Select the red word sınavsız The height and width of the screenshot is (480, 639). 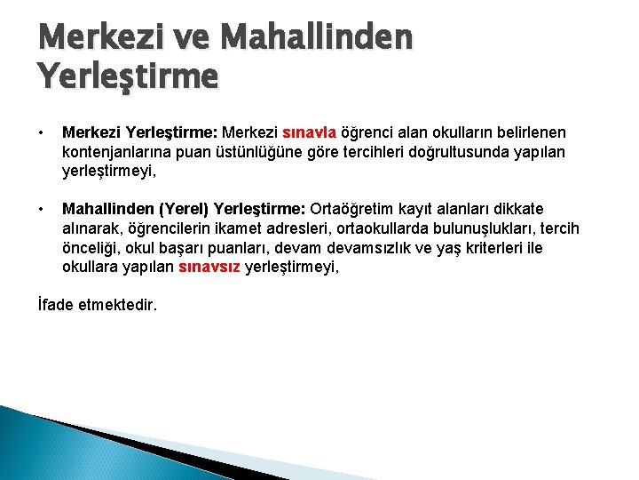209,267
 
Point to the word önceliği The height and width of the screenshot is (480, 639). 92,247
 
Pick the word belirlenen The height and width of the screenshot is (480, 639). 524,132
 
